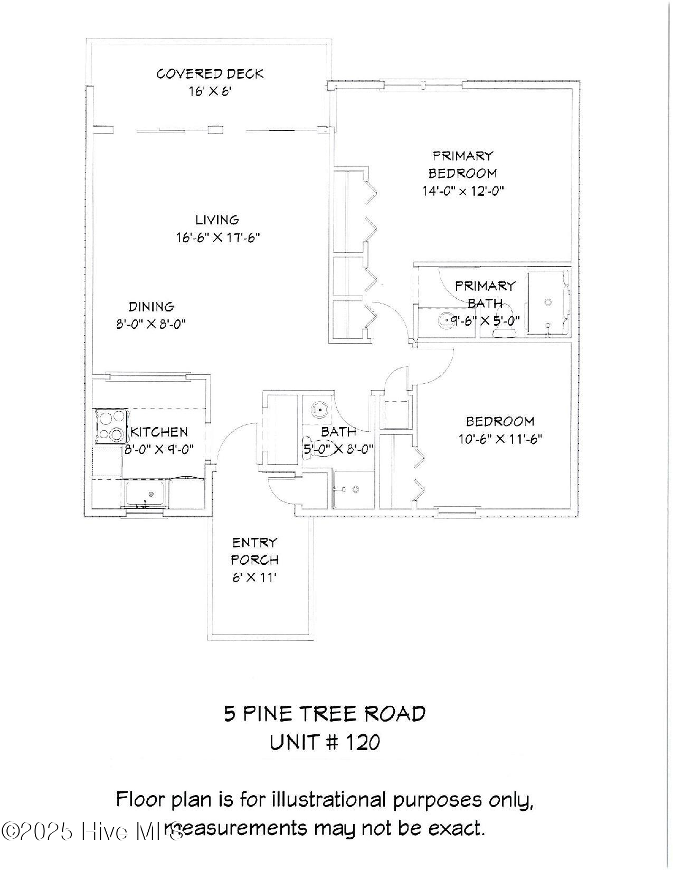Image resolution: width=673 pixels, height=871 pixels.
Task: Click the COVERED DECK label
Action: pos(210,74)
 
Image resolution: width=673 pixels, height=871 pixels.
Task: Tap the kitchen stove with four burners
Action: pos(111,426)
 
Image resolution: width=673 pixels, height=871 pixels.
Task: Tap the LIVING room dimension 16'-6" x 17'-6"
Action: pos(217,238)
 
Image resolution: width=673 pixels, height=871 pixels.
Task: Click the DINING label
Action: pos(151,307)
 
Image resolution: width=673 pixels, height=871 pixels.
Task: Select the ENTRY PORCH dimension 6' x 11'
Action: pos(254,577)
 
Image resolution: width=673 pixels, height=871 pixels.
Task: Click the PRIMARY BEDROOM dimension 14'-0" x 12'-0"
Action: pos(462,191)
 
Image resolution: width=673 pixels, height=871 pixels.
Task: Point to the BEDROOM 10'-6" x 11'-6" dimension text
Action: pos(500,439)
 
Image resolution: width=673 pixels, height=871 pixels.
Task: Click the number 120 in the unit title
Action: pos(362,743)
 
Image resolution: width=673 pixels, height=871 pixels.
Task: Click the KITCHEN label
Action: pos(159,432)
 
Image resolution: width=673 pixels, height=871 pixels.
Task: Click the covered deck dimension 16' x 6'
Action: pos(210,91)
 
